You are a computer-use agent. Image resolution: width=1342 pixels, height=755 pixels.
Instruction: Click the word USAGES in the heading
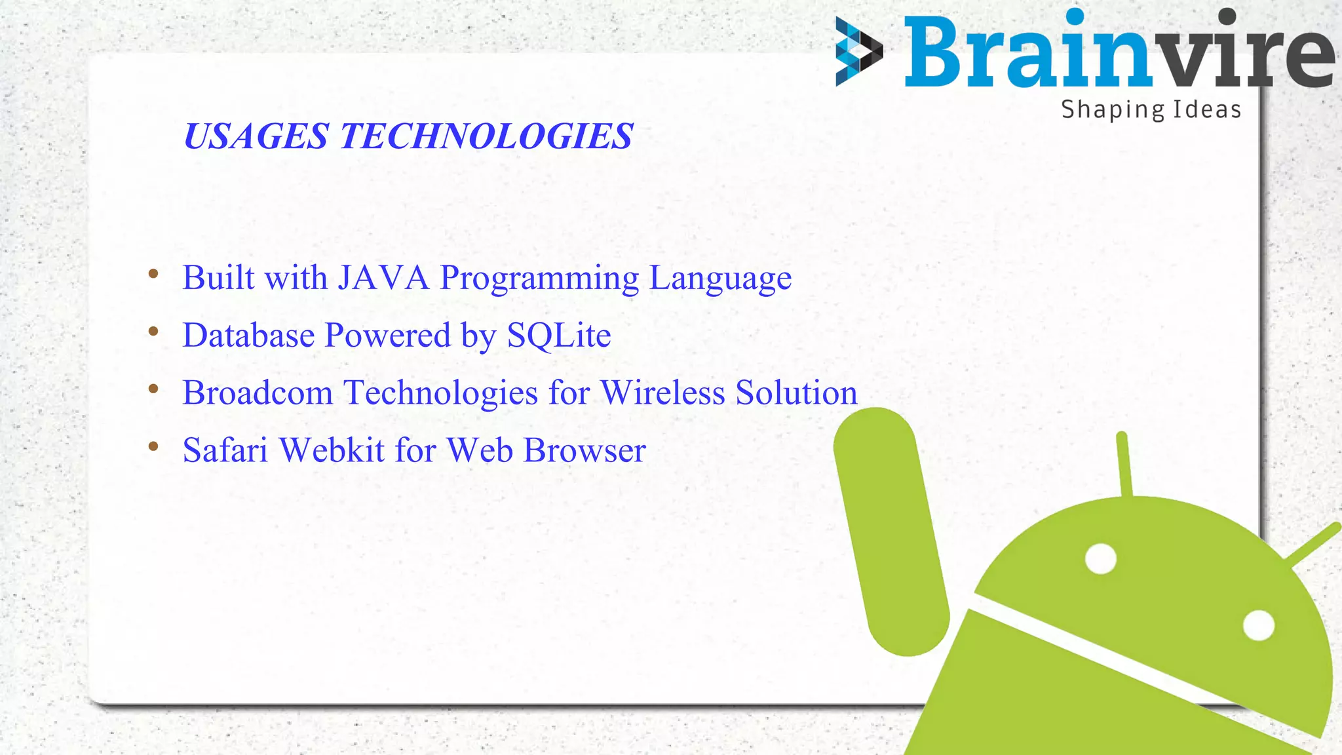coord(256,136)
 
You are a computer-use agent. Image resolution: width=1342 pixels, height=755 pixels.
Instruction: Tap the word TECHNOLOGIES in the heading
coord(486,136)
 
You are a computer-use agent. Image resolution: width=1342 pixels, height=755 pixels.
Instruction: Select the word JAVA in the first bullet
coord(383,277)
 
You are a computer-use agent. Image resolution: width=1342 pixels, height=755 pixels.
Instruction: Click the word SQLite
coord(559,336)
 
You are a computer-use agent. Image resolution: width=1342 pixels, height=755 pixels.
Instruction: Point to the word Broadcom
coord(258,393)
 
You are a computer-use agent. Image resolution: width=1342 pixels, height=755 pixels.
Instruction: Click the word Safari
coord(225,450)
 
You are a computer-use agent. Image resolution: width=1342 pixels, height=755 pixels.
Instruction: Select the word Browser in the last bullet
coord(585,450)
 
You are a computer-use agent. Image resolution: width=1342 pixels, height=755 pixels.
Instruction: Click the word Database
coord(248,336)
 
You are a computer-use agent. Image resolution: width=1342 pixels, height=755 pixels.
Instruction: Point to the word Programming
coord(539,279)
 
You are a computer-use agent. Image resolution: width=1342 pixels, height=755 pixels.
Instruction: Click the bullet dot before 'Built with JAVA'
coord(153,274)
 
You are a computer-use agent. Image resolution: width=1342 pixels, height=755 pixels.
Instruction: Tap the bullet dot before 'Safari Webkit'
coord(153,446)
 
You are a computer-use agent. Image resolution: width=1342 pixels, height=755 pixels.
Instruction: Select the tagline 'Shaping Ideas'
coord(1151,109)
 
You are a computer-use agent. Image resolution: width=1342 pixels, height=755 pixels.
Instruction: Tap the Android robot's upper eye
coord(1101,559)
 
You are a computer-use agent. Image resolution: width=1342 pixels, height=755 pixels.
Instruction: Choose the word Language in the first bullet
coord(720,279)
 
